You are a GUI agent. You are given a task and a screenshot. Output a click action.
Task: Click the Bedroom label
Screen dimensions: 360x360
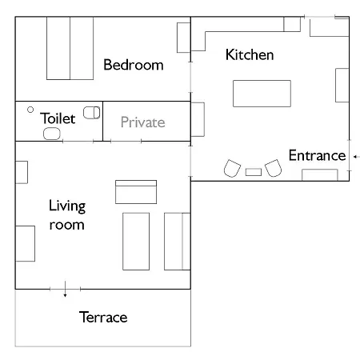click(134, 65)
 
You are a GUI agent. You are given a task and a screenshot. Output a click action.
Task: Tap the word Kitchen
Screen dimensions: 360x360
click(250, 54)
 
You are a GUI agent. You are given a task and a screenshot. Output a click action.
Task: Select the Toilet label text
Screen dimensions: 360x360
click(58, 118)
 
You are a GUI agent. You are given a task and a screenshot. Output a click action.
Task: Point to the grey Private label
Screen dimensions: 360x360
click(143, 122)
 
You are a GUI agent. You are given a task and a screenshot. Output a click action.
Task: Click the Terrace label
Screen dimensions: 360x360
click(103, 317)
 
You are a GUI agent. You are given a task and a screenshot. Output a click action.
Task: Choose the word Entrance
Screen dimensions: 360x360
click(317, 155)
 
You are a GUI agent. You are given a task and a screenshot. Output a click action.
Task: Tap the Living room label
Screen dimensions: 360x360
click(67, 214)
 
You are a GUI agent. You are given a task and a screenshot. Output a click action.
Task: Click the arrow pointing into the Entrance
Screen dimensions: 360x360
click(357, 157)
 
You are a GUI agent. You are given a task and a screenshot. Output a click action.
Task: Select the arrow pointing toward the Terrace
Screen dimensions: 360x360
click(65, 289)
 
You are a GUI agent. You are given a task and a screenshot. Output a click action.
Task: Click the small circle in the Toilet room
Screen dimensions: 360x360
click(30, 110)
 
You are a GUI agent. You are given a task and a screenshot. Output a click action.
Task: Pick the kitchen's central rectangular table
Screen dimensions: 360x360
click(262, 94)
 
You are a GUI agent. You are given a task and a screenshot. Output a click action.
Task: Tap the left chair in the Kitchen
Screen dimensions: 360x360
click(232, 169)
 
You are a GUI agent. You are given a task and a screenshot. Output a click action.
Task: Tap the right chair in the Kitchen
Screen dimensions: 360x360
click(274, 168)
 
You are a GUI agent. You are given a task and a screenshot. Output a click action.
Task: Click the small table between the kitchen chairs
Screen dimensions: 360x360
click(254, 172)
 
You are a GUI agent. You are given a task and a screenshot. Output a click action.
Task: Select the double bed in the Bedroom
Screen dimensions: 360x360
click(70, 48)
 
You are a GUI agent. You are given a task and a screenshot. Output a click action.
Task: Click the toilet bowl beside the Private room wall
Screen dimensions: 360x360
click(92, 113)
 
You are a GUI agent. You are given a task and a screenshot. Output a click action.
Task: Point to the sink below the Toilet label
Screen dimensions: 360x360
click(52, 134)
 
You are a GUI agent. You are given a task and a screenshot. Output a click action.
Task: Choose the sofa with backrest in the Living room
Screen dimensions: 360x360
click(136, 192)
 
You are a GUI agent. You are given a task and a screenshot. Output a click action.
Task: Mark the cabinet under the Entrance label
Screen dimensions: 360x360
click(320, 175)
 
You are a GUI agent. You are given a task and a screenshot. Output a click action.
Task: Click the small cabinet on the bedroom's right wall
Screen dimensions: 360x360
click(184, 38)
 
